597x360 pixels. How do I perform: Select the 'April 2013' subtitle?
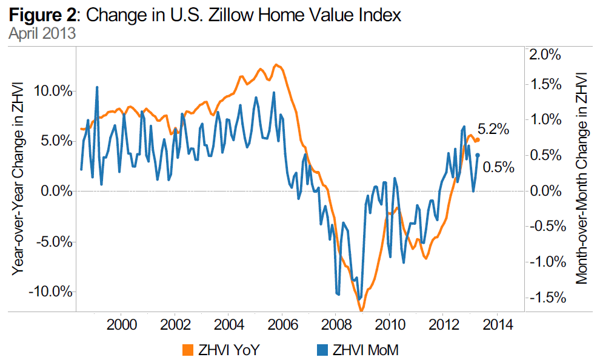(42, 33)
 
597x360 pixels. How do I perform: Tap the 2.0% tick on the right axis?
(544, 55)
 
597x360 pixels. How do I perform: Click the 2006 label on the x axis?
(282, 324)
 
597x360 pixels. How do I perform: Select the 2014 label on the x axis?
(498, 324)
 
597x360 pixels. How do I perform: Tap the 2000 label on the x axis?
(120, 324)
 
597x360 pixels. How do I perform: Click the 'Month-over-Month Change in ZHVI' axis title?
(581, 178)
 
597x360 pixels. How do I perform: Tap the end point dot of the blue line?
(478, 155)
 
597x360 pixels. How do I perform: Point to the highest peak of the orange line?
(276, 64)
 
